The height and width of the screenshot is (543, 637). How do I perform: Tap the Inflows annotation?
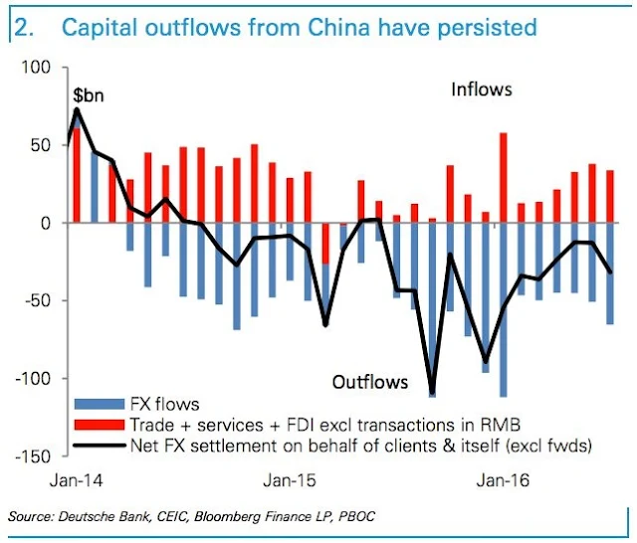(x=481, y=90)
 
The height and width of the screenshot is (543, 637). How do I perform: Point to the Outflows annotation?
(x=370, y=382)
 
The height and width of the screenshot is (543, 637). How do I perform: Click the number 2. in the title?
(x=26, y=27)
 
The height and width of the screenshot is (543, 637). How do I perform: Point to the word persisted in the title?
(x=483, y=27)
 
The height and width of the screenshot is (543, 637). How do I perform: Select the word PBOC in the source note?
(x=360, y=516)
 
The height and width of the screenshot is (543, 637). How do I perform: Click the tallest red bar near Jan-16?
(x=504, y=177)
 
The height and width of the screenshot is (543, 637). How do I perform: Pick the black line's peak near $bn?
(x=77, y=108)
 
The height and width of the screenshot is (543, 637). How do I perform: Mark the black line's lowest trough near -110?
(x=433, y=394)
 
